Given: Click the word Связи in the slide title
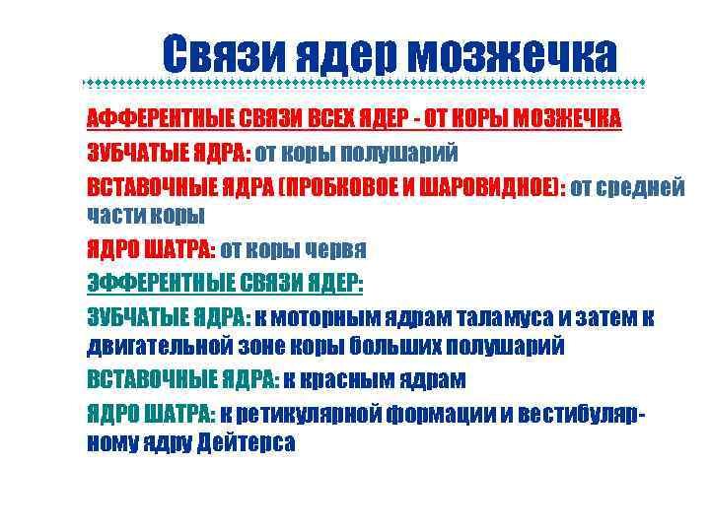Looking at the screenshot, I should pos(220,54).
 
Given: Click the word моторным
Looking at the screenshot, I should pos(317,317).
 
